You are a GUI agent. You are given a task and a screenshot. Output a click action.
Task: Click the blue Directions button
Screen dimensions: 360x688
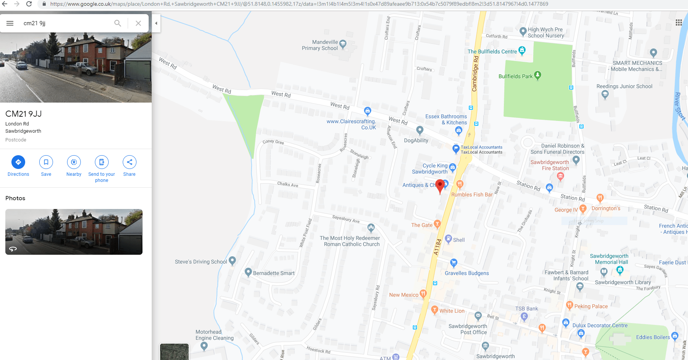coord(18,162)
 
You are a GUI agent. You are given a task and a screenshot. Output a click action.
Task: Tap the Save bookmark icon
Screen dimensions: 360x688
coord(46,162)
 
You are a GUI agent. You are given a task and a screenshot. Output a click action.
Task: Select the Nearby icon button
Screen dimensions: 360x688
coord(74,162)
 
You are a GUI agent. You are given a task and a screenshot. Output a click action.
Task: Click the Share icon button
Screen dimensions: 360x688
coord(130,162)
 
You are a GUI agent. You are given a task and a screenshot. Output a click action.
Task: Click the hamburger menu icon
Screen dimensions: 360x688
coord(10,23)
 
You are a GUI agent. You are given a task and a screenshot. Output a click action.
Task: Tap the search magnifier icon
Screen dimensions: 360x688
coord(118,23)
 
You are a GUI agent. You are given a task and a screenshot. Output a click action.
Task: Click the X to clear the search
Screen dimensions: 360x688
coord(138,23)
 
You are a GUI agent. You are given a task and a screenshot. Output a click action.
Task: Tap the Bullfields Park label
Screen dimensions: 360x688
coord(515,76)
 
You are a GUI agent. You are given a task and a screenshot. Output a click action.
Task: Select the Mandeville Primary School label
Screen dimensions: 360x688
coord(320,45)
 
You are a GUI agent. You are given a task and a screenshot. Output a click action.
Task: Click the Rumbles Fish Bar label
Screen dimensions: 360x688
coord(472,194)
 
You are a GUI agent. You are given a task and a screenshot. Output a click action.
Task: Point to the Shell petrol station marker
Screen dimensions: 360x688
coord(449,239)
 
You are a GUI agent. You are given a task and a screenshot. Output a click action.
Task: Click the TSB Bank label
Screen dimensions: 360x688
coord(527,309)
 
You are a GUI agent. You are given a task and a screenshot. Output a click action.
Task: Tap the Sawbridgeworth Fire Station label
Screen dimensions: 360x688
coord(550,165)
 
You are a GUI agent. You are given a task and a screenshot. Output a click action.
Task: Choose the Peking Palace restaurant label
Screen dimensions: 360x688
coord(591,306)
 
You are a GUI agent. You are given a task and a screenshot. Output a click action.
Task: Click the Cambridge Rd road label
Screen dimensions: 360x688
coord(475,74)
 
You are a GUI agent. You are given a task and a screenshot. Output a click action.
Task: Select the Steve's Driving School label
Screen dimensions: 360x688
coord(201,262)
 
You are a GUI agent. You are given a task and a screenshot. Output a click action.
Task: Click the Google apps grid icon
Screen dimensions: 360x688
coord(679,22)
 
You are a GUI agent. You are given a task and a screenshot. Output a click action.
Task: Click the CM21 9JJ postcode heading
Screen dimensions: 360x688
coord(24,114)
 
